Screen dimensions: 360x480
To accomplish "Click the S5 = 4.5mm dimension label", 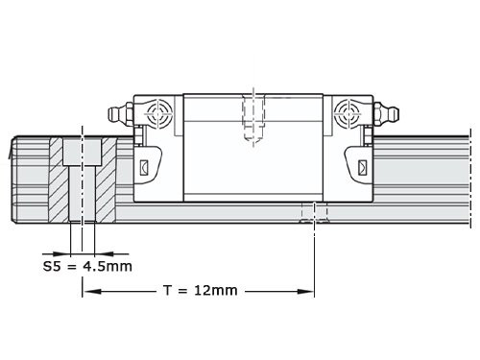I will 86,265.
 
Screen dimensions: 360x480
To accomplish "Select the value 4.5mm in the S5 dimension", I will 105,265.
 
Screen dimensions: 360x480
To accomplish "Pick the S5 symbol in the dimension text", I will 53,265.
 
